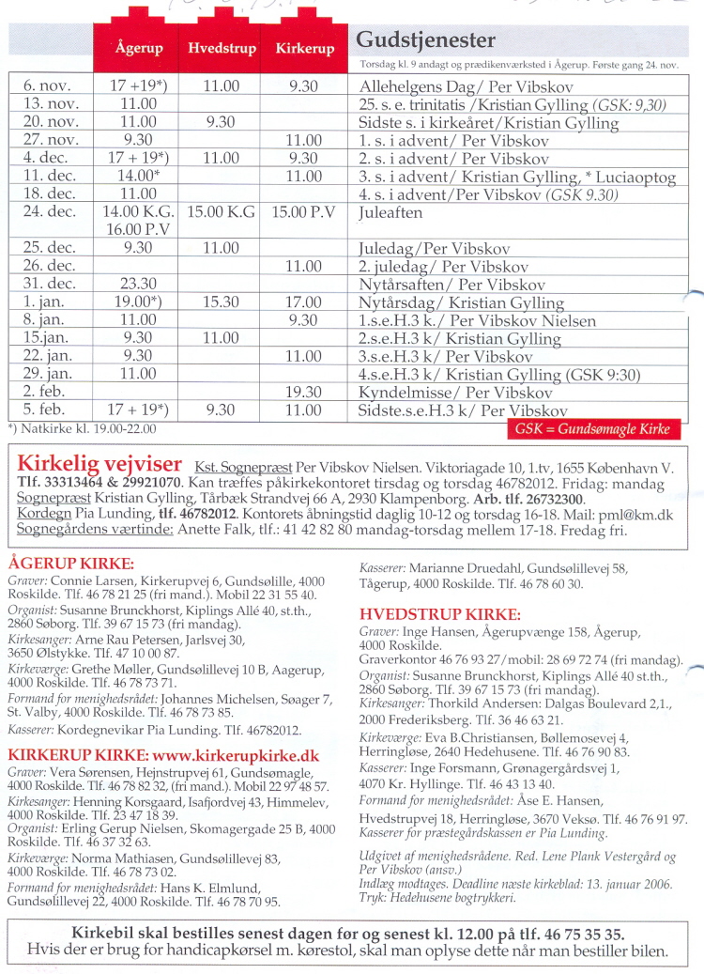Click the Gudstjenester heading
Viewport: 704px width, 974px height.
click(x=425, y=40)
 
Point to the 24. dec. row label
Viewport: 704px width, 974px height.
click(x=50, y=212)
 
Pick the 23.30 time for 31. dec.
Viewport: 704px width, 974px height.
click(x=139, y=285)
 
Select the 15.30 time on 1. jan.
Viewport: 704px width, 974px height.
click(x=221, y=302)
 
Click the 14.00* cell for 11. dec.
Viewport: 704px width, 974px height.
click(x=139, y=176)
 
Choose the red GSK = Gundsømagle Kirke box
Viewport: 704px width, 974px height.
click(x=593, y=429)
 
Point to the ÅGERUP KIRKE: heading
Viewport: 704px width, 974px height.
click(x=70, y=564)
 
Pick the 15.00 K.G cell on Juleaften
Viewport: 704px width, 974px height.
click(x=222, y=212)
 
